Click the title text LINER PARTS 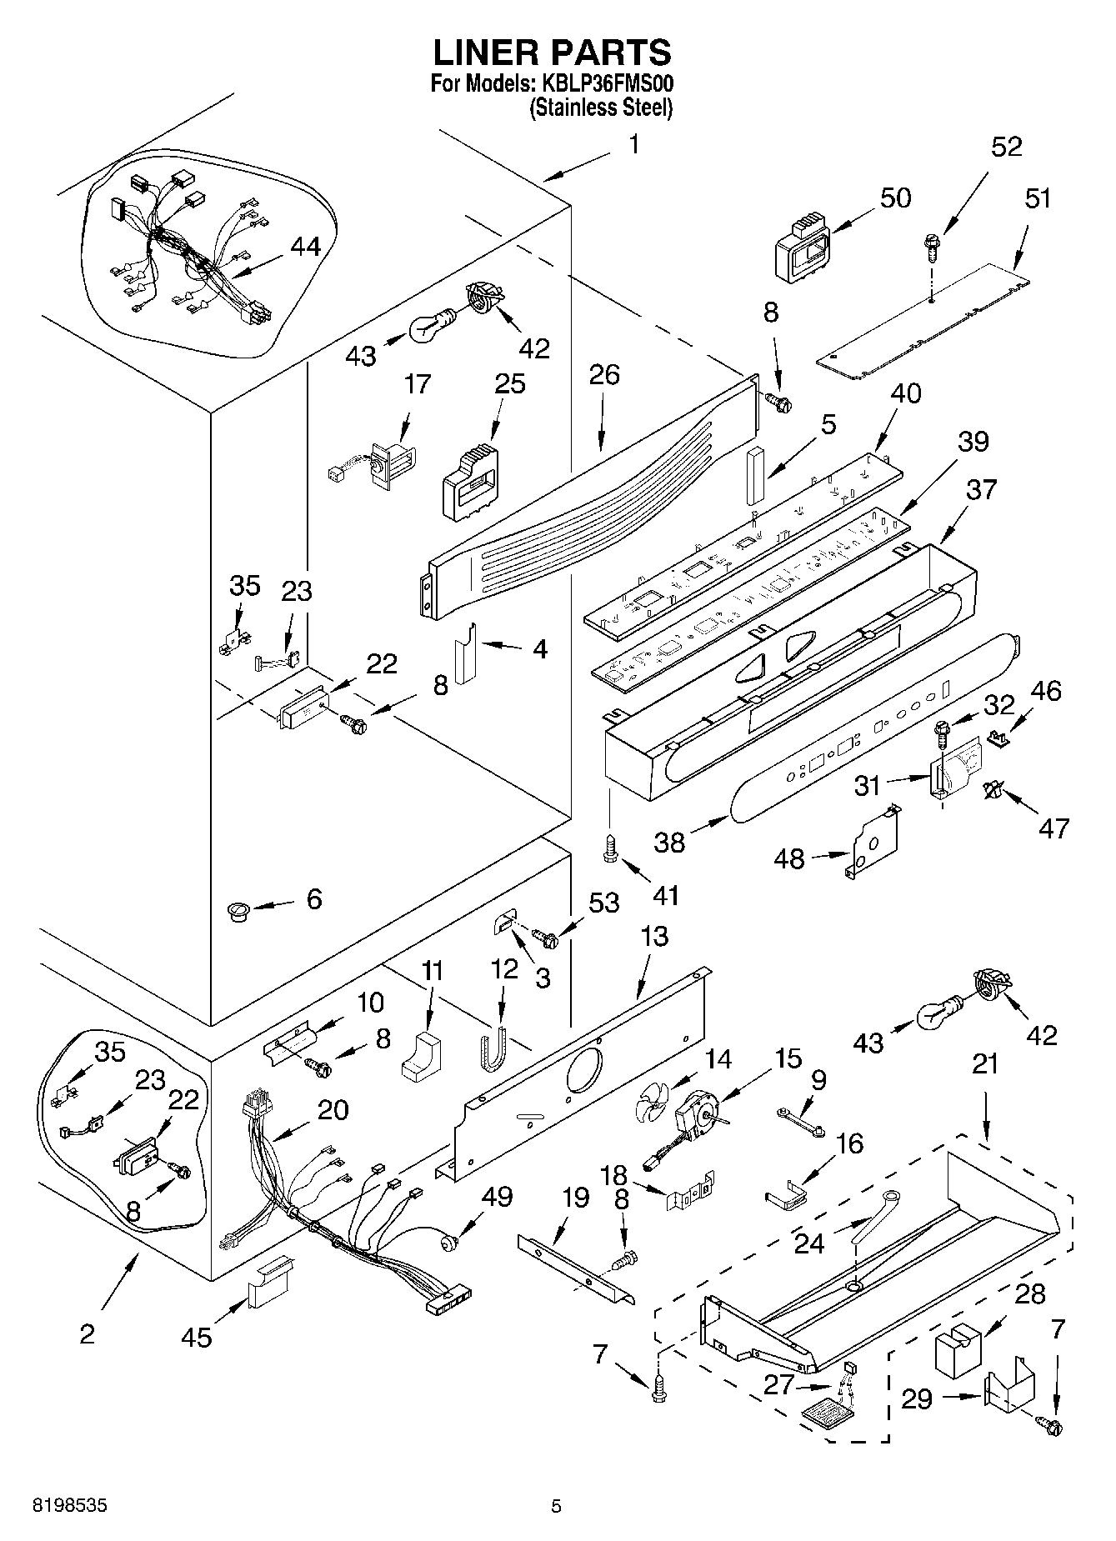552,53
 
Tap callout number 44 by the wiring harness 305,247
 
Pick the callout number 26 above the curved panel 604,374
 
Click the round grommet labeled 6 239,910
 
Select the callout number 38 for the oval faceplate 669,842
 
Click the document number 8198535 69,1506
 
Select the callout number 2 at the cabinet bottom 88,1333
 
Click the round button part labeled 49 449,1243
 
